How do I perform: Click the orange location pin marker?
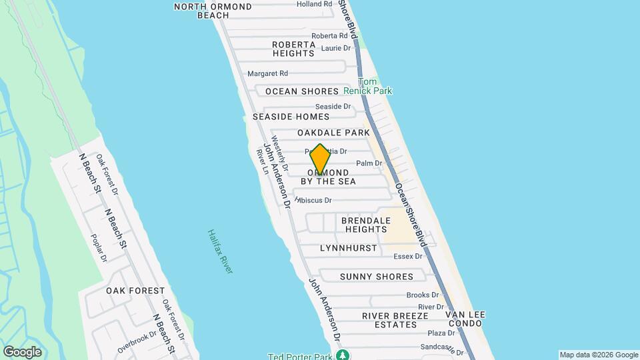(320, 159)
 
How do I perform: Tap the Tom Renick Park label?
(368, 86)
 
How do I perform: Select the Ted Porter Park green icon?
(343, 355)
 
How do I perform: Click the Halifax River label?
(219, 251)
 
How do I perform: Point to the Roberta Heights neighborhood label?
(293, 49)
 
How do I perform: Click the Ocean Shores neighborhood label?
(302, 91)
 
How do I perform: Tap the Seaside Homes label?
(291, 117)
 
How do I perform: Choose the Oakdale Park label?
(333, 133)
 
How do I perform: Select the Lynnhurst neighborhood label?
(348, 248)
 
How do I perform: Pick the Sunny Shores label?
(376, 277)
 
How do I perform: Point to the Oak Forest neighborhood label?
(135, 291)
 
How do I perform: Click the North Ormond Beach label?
(213, 11)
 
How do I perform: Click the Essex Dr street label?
(409, 256)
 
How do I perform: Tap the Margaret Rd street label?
(267, 73)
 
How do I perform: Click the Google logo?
(22, 352)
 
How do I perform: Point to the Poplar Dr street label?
(99, 247)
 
